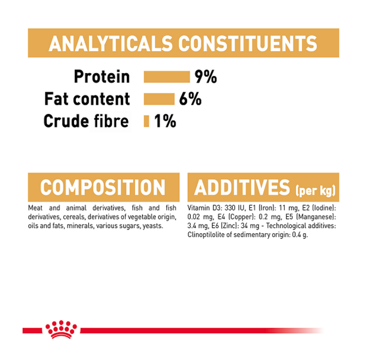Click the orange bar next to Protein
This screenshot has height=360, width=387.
pos(167,77)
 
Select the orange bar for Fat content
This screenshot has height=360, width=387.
pos(159,99)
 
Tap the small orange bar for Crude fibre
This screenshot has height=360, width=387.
pos(147,121)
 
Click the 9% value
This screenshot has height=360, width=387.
pos(205,77)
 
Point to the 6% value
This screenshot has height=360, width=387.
pos(190,99)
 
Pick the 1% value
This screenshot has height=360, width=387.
pos(165,121)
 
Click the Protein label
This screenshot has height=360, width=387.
pos(102,76)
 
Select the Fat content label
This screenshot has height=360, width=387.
pos(87,99)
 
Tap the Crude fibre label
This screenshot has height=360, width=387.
pos(86,121)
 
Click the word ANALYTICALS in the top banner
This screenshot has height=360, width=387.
pos(111,44)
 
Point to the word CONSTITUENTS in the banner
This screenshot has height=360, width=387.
pos(248,44)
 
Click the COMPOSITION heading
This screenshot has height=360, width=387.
pos(103,188)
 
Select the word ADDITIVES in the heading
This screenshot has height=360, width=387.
pos(242,188)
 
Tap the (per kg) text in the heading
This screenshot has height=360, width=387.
pos(316,191)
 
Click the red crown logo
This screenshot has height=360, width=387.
pos(61,329)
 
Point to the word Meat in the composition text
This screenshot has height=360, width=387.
pos(35,208)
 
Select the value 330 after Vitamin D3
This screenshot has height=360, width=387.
pos(230,208)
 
